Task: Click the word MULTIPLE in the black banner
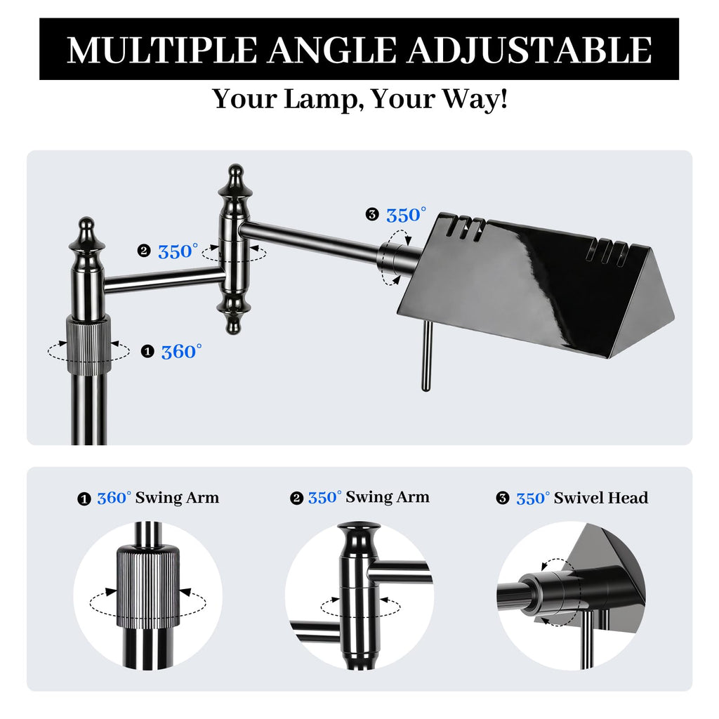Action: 162,50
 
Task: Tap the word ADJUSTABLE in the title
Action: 529,50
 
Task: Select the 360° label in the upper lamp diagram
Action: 182,352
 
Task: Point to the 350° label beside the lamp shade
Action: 407,215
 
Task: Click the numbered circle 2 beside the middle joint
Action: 143,251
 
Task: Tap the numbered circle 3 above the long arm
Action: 372,214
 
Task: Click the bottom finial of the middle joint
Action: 235,315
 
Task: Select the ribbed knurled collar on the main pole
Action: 89,344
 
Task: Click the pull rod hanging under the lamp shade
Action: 426,356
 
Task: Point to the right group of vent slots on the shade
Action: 609,252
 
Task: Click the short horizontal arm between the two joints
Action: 164,280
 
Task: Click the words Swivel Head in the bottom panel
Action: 601,498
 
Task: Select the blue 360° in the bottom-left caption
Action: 114,498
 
